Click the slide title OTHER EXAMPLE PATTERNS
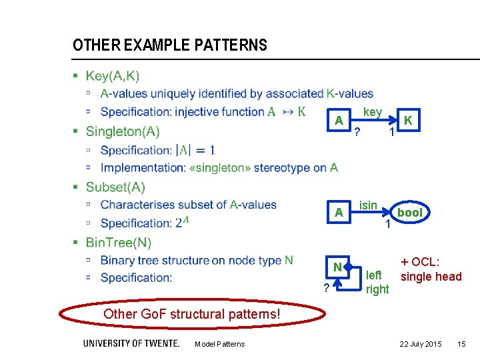(x=169, y=45)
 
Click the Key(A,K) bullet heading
(x=112, y=76)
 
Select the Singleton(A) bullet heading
(x=122, y=131)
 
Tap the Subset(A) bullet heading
(x=115, y=187)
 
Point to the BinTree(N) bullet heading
(x=118, y=243)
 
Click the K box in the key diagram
(x=407, y=121)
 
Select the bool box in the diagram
(x=409, y=213)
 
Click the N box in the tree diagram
(x=339, y=267)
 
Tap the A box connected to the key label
(x=339, y=121)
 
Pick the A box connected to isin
(x=339, y=213)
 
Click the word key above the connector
(x=372, y=112)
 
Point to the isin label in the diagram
(x=368, y=205)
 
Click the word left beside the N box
(x=374, y=275)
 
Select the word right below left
(x=377, y=289)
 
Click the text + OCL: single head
(x=430, y=270)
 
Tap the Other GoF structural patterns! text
(x=192, y=314)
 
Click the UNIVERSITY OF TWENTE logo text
(x=131, y=343)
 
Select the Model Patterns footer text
(x=219, y=344)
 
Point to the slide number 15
(x=461, y=344)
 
